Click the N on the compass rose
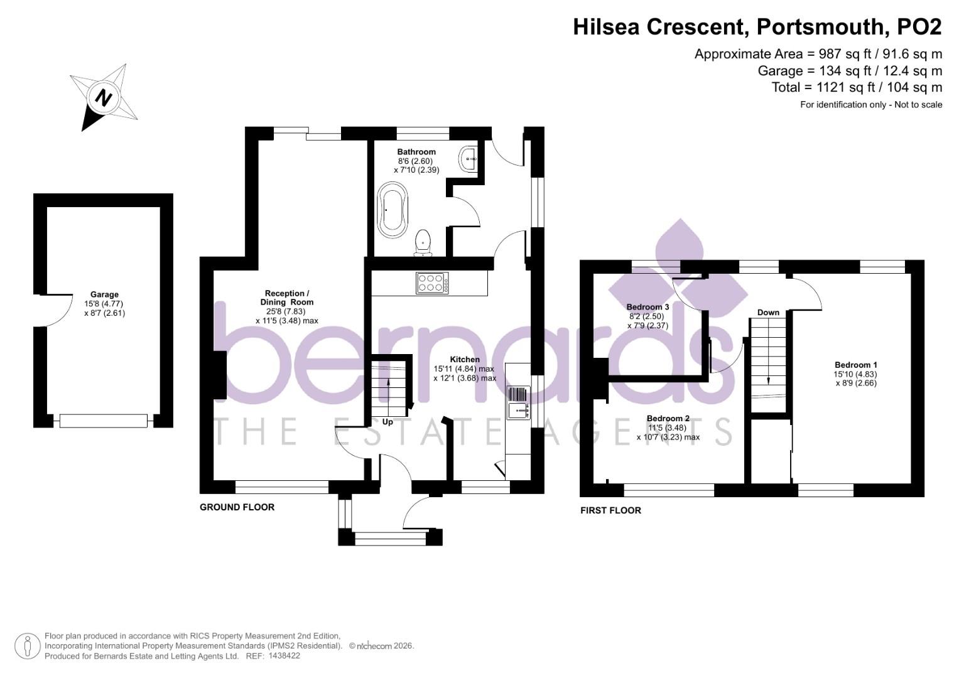point(104,98)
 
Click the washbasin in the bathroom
point(469,158)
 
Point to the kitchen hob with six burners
point(433,282)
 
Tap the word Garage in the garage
point(104,294)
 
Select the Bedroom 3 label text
point(648,307)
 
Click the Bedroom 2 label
point(668,418)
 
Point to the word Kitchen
point(465,360)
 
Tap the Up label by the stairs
point(387,422)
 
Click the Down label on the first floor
point(768,312)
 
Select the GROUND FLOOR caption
point(237,507)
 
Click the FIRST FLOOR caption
point(610,510)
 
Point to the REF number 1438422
point(284,656)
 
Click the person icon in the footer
point(27,646)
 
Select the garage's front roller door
point(104,421)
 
